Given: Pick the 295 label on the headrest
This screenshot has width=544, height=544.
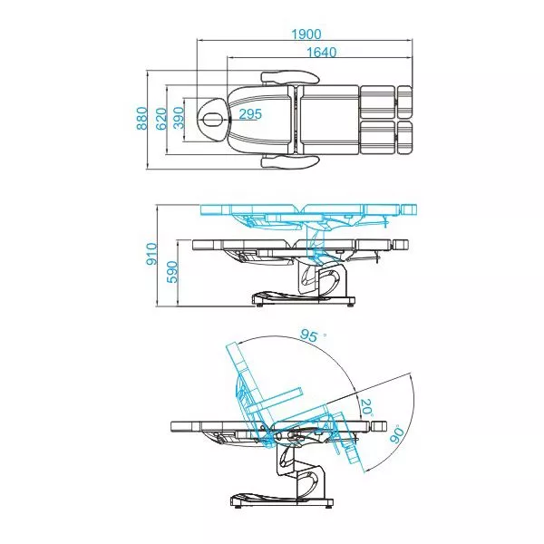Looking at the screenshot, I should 250,114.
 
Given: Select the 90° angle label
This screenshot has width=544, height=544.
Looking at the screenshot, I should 396,434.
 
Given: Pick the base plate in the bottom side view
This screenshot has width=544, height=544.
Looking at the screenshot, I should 277,500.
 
